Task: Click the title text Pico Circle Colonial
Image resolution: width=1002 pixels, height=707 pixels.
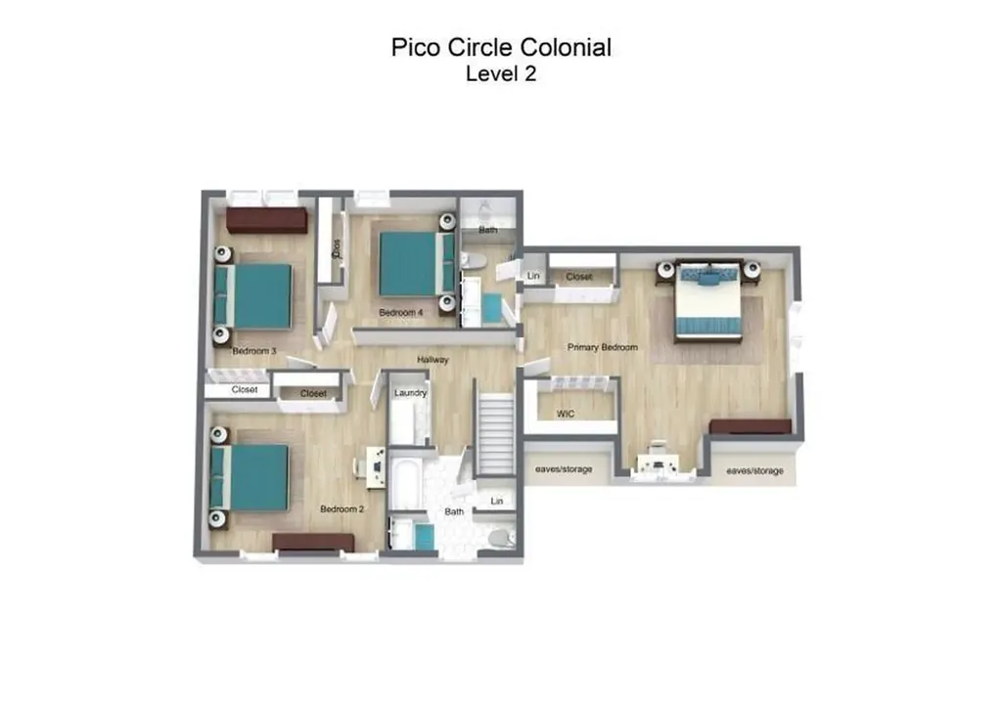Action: click(x=501, y=47)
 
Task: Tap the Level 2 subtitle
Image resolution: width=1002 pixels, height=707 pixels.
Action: click(x=501, y=74)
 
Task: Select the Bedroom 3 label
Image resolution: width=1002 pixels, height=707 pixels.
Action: click(x=254, y=351)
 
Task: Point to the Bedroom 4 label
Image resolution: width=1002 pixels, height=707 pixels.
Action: click(x=401, y=313)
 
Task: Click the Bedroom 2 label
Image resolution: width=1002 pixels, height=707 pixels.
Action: click(x=342, y=509)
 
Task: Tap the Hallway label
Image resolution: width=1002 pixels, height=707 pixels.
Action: click(x=433, y=360)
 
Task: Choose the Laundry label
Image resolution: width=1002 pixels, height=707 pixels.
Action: click(x=410, y=393)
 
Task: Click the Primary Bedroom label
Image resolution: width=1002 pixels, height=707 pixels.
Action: click(x=603, y=347)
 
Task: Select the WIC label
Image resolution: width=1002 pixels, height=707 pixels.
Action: click(x=566, y=414)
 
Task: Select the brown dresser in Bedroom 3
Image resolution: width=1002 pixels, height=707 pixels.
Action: click(x=267, y=219)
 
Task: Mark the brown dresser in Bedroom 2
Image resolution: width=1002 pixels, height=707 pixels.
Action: click(x=313, y=543)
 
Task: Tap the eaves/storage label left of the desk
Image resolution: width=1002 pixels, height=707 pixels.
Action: click(x=564, y=470)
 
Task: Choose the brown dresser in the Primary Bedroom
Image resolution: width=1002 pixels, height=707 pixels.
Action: click(x=750, y=426)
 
